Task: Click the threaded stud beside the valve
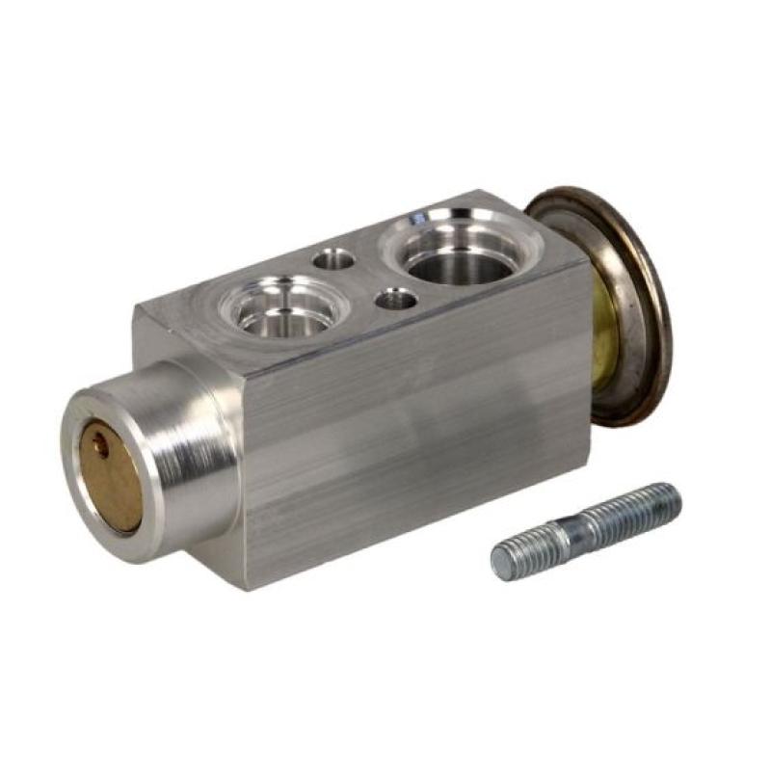coord(586,531)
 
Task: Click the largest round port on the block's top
coord(461,249)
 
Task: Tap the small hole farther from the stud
coord(334,258)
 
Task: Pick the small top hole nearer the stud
coord(395,300)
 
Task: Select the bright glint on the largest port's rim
coord(418,220)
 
